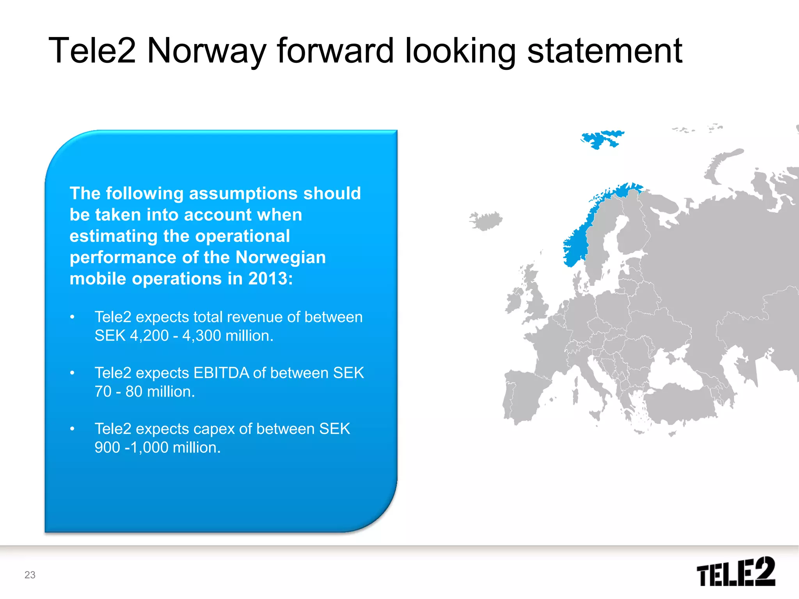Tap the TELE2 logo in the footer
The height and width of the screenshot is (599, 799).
pyautogui.click(x=735, y=572)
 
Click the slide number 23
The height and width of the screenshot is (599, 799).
pyautogui.click(x=30, y=575)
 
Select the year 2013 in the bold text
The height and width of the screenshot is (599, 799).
pyautogui.click(x=268, y=279)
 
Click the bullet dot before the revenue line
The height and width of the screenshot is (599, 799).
pyautogui.click(x=72, y=317)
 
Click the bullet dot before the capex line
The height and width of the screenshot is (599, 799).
pyautogui.click(x=72, y=429)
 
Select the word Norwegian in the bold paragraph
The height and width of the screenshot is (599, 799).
pyautogui.click(x=281, y=257)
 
